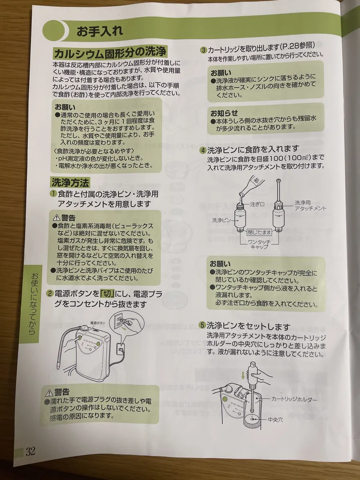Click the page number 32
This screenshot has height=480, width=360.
pos(30,451)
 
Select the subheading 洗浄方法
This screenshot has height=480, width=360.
pos(70,182)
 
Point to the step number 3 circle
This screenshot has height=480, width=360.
pos(203,50)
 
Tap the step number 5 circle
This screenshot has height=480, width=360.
pos(203,325)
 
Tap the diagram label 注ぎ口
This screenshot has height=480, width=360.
pos(257,204)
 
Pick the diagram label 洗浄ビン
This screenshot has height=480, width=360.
pos(221,220)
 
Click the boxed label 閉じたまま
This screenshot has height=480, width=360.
pos(259,232)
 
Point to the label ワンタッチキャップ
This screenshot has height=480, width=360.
pos(259,244)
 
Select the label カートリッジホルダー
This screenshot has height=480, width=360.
pos(294,400)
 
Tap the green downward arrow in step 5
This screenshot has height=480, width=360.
pos(243,376)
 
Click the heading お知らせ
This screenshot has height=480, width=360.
pos(224,113)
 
